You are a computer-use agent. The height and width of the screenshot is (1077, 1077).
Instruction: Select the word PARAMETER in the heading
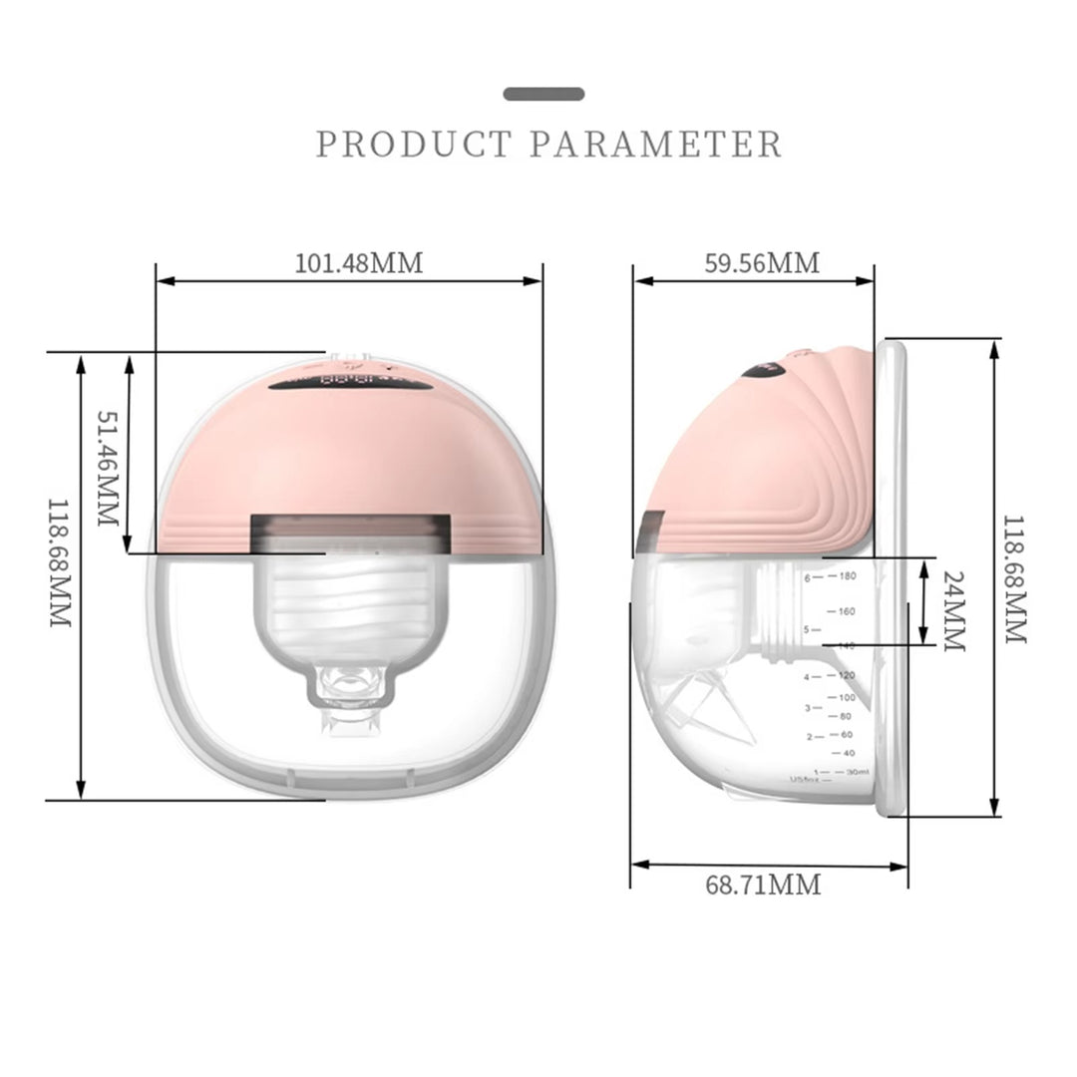click(655, 145)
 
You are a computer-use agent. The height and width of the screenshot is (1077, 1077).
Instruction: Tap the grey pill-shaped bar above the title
click(543, 94)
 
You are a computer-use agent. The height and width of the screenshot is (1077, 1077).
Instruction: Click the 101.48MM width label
click(359, 263)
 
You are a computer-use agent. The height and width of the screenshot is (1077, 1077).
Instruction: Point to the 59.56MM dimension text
click(762, 263)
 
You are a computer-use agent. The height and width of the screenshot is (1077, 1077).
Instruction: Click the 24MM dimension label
click(954, 611)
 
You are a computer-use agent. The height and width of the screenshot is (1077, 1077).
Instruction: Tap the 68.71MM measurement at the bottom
click(764, 884)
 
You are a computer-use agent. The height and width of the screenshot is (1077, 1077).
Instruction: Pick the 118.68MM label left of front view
click(61, 563)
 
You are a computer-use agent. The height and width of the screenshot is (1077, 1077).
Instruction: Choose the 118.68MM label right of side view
click(1014, 579)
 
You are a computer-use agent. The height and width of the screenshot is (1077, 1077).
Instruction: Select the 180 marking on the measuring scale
click(848, 576)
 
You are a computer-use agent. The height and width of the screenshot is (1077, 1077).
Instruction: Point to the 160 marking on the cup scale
click(848, 611)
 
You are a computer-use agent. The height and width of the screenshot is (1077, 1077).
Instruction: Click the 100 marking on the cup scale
click(847, 697)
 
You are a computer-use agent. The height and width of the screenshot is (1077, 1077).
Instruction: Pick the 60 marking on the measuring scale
click(847, 735)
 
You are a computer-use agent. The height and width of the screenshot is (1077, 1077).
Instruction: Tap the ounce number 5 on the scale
click(807, 630)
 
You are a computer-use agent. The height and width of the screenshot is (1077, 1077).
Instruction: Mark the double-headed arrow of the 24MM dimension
click(924, 601)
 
